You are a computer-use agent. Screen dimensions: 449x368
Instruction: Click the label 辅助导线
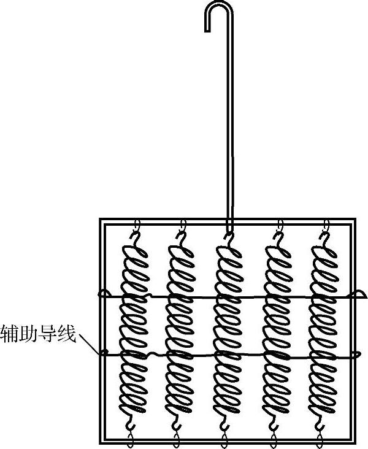38,335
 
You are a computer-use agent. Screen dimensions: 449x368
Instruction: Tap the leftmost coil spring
133,328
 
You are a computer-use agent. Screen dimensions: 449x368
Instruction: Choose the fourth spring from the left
277,328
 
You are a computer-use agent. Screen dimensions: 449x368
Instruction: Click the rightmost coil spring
323,328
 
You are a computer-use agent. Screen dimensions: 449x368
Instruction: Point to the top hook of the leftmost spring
137,233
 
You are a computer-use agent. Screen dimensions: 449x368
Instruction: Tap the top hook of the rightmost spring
326,233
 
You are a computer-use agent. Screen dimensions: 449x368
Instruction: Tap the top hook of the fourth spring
278,233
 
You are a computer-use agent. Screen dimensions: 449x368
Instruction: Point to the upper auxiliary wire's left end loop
105,296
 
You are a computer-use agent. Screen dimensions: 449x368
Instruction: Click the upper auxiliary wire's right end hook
355,297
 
